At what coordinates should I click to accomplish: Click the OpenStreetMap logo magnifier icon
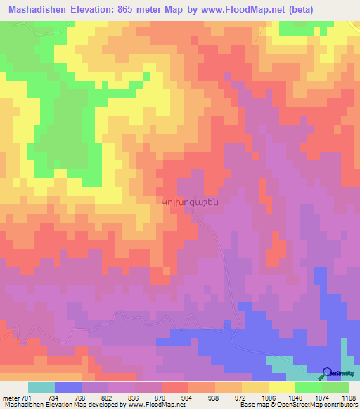tap(328, 372)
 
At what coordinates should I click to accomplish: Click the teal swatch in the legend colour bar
tap(41, 387)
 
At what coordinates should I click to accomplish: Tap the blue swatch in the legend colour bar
tap(68, 387)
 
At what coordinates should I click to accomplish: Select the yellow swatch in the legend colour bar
tap(282, 387)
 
